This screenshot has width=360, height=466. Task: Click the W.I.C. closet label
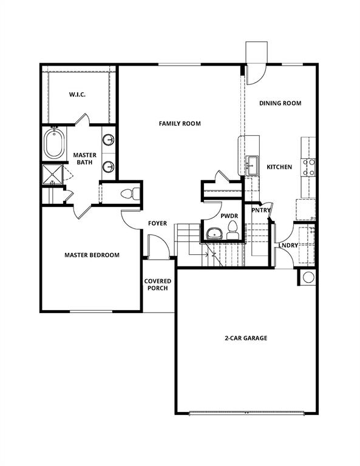(x=76, y=95)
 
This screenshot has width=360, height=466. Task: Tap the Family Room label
(x=180, y=124)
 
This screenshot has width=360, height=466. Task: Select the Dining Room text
(x=280, y=103)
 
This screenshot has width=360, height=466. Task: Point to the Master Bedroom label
(x=92, y=255)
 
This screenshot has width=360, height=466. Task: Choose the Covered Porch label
(x=157, y=285)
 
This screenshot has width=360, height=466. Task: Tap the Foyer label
(x=157, y=223)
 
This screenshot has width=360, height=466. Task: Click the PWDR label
(x=229, y=215)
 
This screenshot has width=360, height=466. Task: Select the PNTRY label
(x=261, y=211)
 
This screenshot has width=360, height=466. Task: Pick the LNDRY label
(x=288, y=245)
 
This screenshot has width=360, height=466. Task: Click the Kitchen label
(x=279, y=167)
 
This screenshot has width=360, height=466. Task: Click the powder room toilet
(x=231, y=229)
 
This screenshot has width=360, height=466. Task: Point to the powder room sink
(x=213, y=232)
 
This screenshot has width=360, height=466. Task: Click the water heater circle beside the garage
(x=307, y=277)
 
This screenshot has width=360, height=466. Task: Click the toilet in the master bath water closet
(x=129, y=194)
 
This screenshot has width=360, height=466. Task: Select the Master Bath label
(x=85, y=159)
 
